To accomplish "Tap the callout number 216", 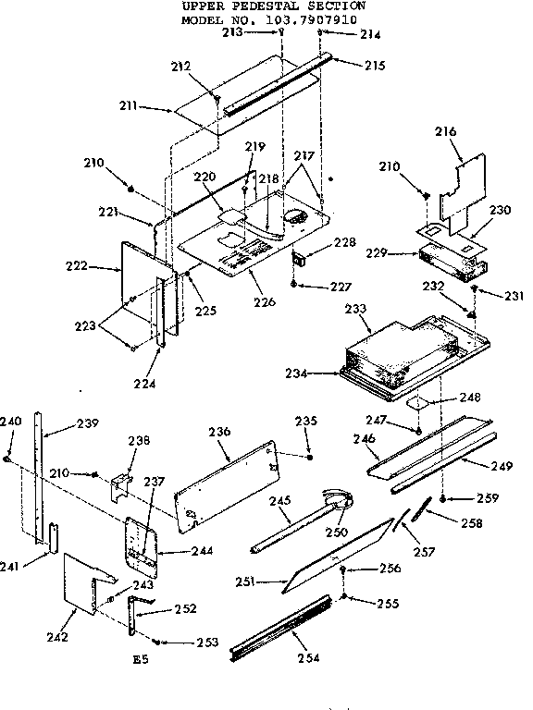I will tap(446, 132).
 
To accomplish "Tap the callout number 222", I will tap(102, 266).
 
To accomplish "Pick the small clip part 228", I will tap(299, 257).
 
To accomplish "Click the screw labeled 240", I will tap(7, 458).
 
